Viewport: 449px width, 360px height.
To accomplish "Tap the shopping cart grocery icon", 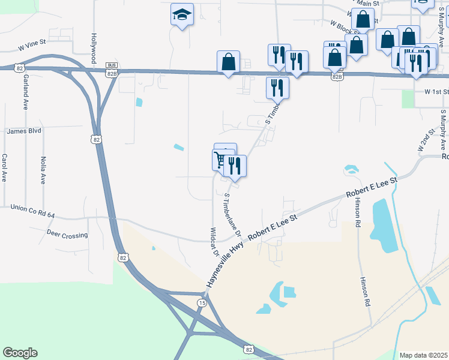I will coord(221,160).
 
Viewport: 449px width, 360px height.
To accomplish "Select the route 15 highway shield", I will coord(200,304).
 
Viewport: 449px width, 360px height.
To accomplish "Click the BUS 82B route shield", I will coord(111,69).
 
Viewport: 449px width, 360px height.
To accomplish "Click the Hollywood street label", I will coord(94,48).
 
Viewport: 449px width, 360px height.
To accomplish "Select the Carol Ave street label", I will coord(4,168).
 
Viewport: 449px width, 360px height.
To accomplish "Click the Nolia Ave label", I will coord(43,170).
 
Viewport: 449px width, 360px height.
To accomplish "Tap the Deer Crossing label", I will coord(67,235).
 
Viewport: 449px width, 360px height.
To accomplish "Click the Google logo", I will coord(20,353).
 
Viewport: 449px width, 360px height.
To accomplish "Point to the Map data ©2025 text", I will coord(423,355).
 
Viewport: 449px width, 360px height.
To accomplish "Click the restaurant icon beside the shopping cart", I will coord(235,166).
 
